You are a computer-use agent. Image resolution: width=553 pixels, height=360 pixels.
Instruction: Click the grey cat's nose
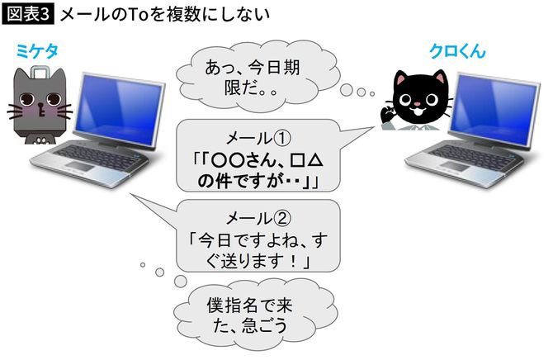coord(36,105)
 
